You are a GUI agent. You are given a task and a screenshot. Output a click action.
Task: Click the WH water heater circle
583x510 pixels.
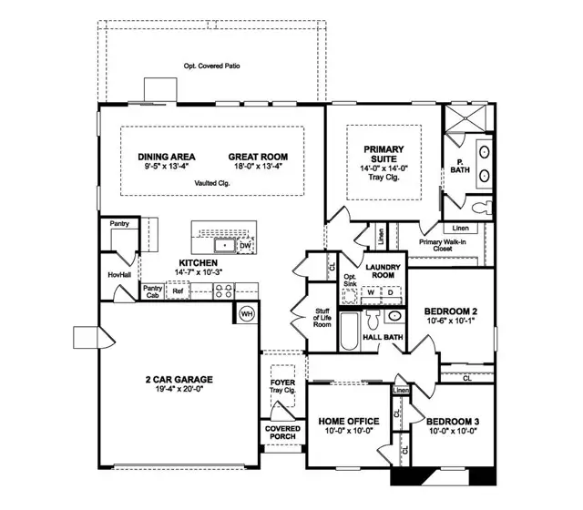click(x=246, y=313)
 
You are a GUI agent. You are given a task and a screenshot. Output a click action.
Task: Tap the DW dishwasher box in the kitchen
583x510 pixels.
click(x=245, y=246)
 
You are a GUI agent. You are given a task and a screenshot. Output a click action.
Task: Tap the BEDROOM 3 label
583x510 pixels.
click(x=453, y=421)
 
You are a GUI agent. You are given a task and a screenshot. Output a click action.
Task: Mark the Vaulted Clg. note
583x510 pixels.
click(x=211, y=183)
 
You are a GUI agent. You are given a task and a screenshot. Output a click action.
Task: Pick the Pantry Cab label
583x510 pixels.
click(x=152, y=291)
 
